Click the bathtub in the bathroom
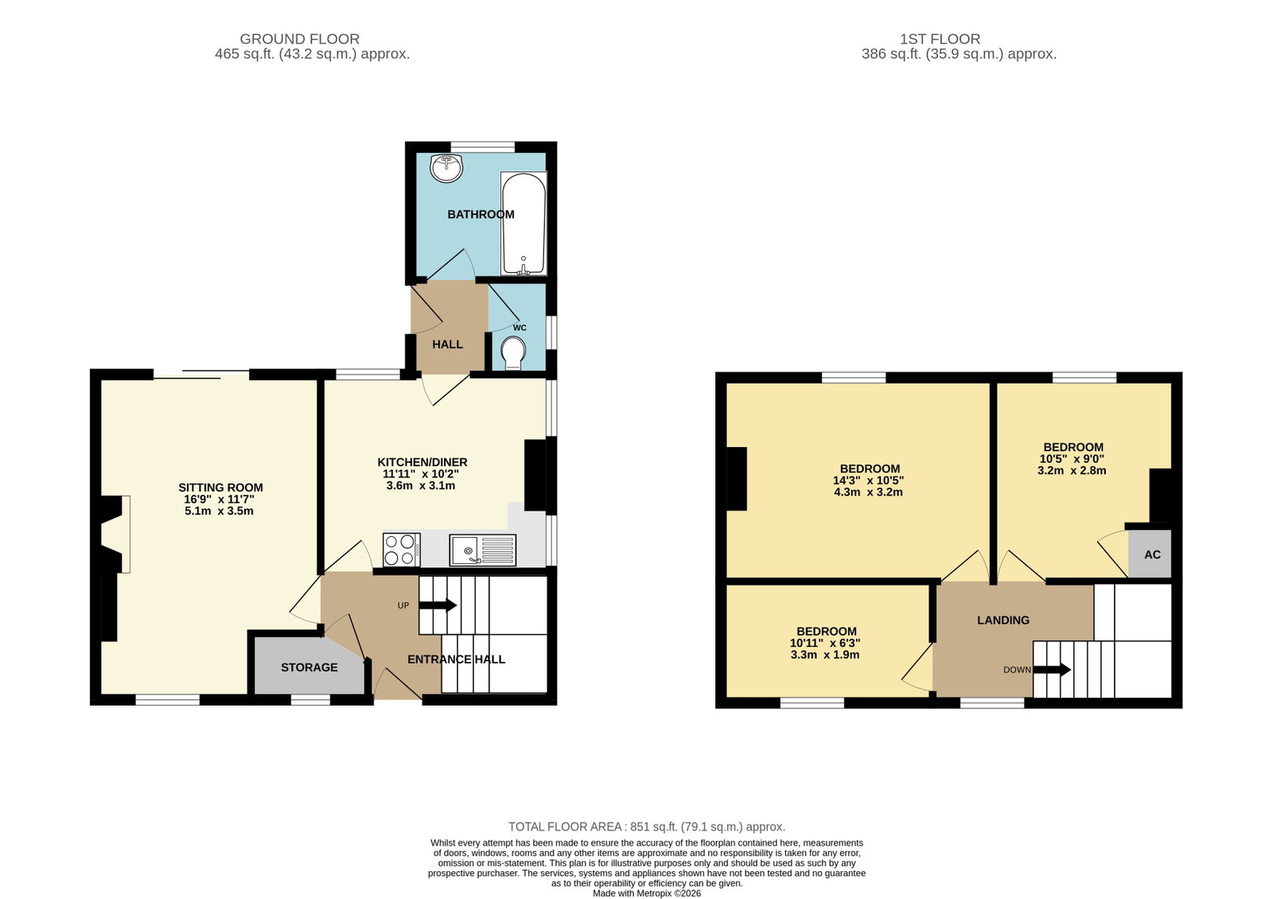pos(524,224)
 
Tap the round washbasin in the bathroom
pos(446,168)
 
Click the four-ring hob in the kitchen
pos(402,550)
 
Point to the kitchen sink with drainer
pos(482,550)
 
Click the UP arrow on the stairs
pos(438,605)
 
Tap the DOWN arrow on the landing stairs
pos(1052,670)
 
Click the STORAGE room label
pos(309,667)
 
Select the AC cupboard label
pos(1153,555)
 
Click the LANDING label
pos(1003,620)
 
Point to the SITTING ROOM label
pos(220,488)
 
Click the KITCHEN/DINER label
pos(422,462)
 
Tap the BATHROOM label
pos(481,214)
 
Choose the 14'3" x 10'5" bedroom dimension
pos(868,481)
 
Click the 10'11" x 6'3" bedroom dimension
pos(825,643)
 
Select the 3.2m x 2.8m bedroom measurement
pos(1072,470)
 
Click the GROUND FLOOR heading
pos(299,39)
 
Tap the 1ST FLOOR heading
pos(940,39)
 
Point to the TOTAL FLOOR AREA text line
pos(647,827)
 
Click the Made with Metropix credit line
pos(647,893)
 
